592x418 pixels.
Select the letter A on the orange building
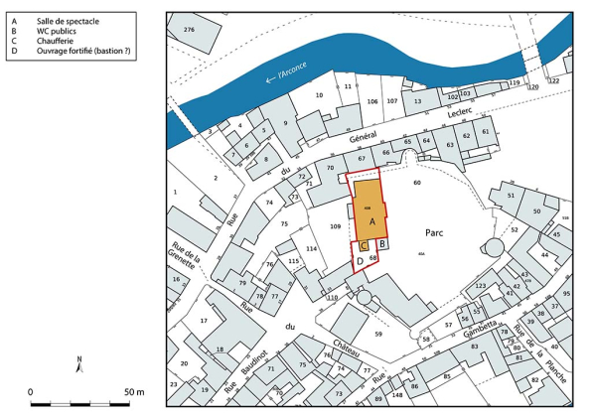point(371,224)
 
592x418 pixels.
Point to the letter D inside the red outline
point(360,262)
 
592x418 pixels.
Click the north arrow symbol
point(78,363)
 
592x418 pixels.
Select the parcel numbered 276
point(188,32)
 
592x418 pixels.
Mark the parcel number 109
point(336,227)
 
